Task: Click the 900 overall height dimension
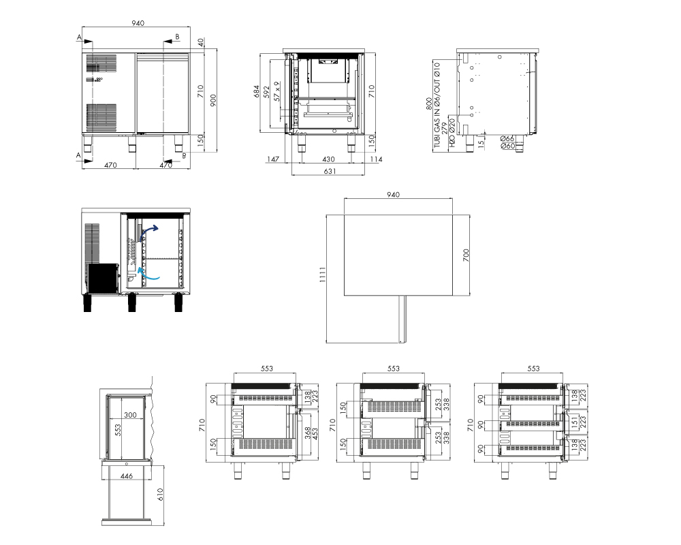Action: point(212,99)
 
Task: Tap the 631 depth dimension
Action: point(330,171)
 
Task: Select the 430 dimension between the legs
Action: point(328,159)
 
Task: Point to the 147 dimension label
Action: point(273,159)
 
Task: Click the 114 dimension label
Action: point(376,159)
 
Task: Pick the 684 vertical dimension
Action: point(257,91)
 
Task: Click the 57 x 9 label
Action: point(276,91)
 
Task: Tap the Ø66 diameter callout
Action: point(508,139)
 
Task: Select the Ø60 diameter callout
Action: point(508,146)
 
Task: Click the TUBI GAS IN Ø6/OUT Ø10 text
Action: point(437,105)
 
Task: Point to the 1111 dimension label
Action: point(322,275)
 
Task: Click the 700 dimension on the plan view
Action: point(466,255)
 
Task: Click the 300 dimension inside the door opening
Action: point(130,415)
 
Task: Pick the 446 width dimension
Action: point(127,476)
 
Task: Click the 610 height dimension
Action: point(160,495)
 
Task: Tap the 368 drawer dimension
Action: point(308,433)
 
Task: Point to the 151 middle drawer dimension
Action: point(574,422)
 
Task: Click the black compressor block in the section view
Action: point(102,278)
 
